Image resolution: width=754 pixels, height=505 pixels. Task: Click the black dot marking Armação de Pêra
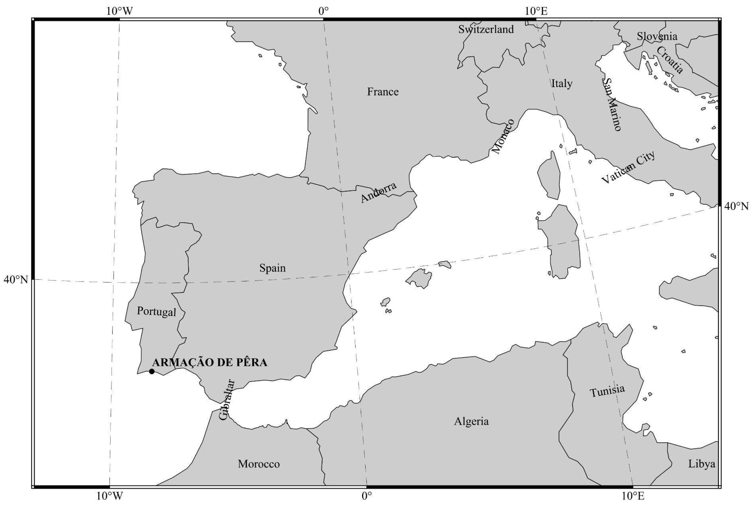click(152, 371)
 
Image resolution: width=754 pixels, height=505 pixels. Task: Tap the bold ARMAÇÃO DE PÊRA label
click(209, 363)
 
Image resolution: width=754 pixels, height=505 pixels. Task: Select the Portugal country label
click(156, 311)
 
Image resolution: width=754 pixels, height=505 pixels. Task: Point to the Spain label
click(272, 268)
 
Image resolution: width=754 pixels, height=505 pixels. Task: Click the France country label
click(383, 92)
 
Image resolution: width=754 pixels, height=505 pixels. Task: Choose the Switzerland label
click(486, 29)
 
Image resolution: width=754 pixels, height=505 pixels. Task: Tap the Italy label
click(562, 83)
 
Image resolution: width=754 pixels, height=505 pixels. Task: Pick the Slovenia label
click(657, 36)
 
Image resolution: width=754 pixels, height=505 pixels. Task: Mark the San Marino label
click(611, 104)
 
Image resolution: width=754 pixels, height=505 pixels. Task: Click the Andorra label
click(378, 192)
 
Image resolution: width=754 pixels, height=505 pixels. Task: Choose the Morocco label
click(259, 464)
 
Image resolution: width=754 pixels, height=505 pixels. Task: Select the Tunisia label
click(607, 391)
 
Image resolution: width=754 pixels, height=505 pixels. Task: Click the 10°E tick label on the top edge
click(536, 11)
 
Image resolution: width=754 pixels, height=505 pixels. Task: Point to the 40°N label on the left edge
click(16, 280)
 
